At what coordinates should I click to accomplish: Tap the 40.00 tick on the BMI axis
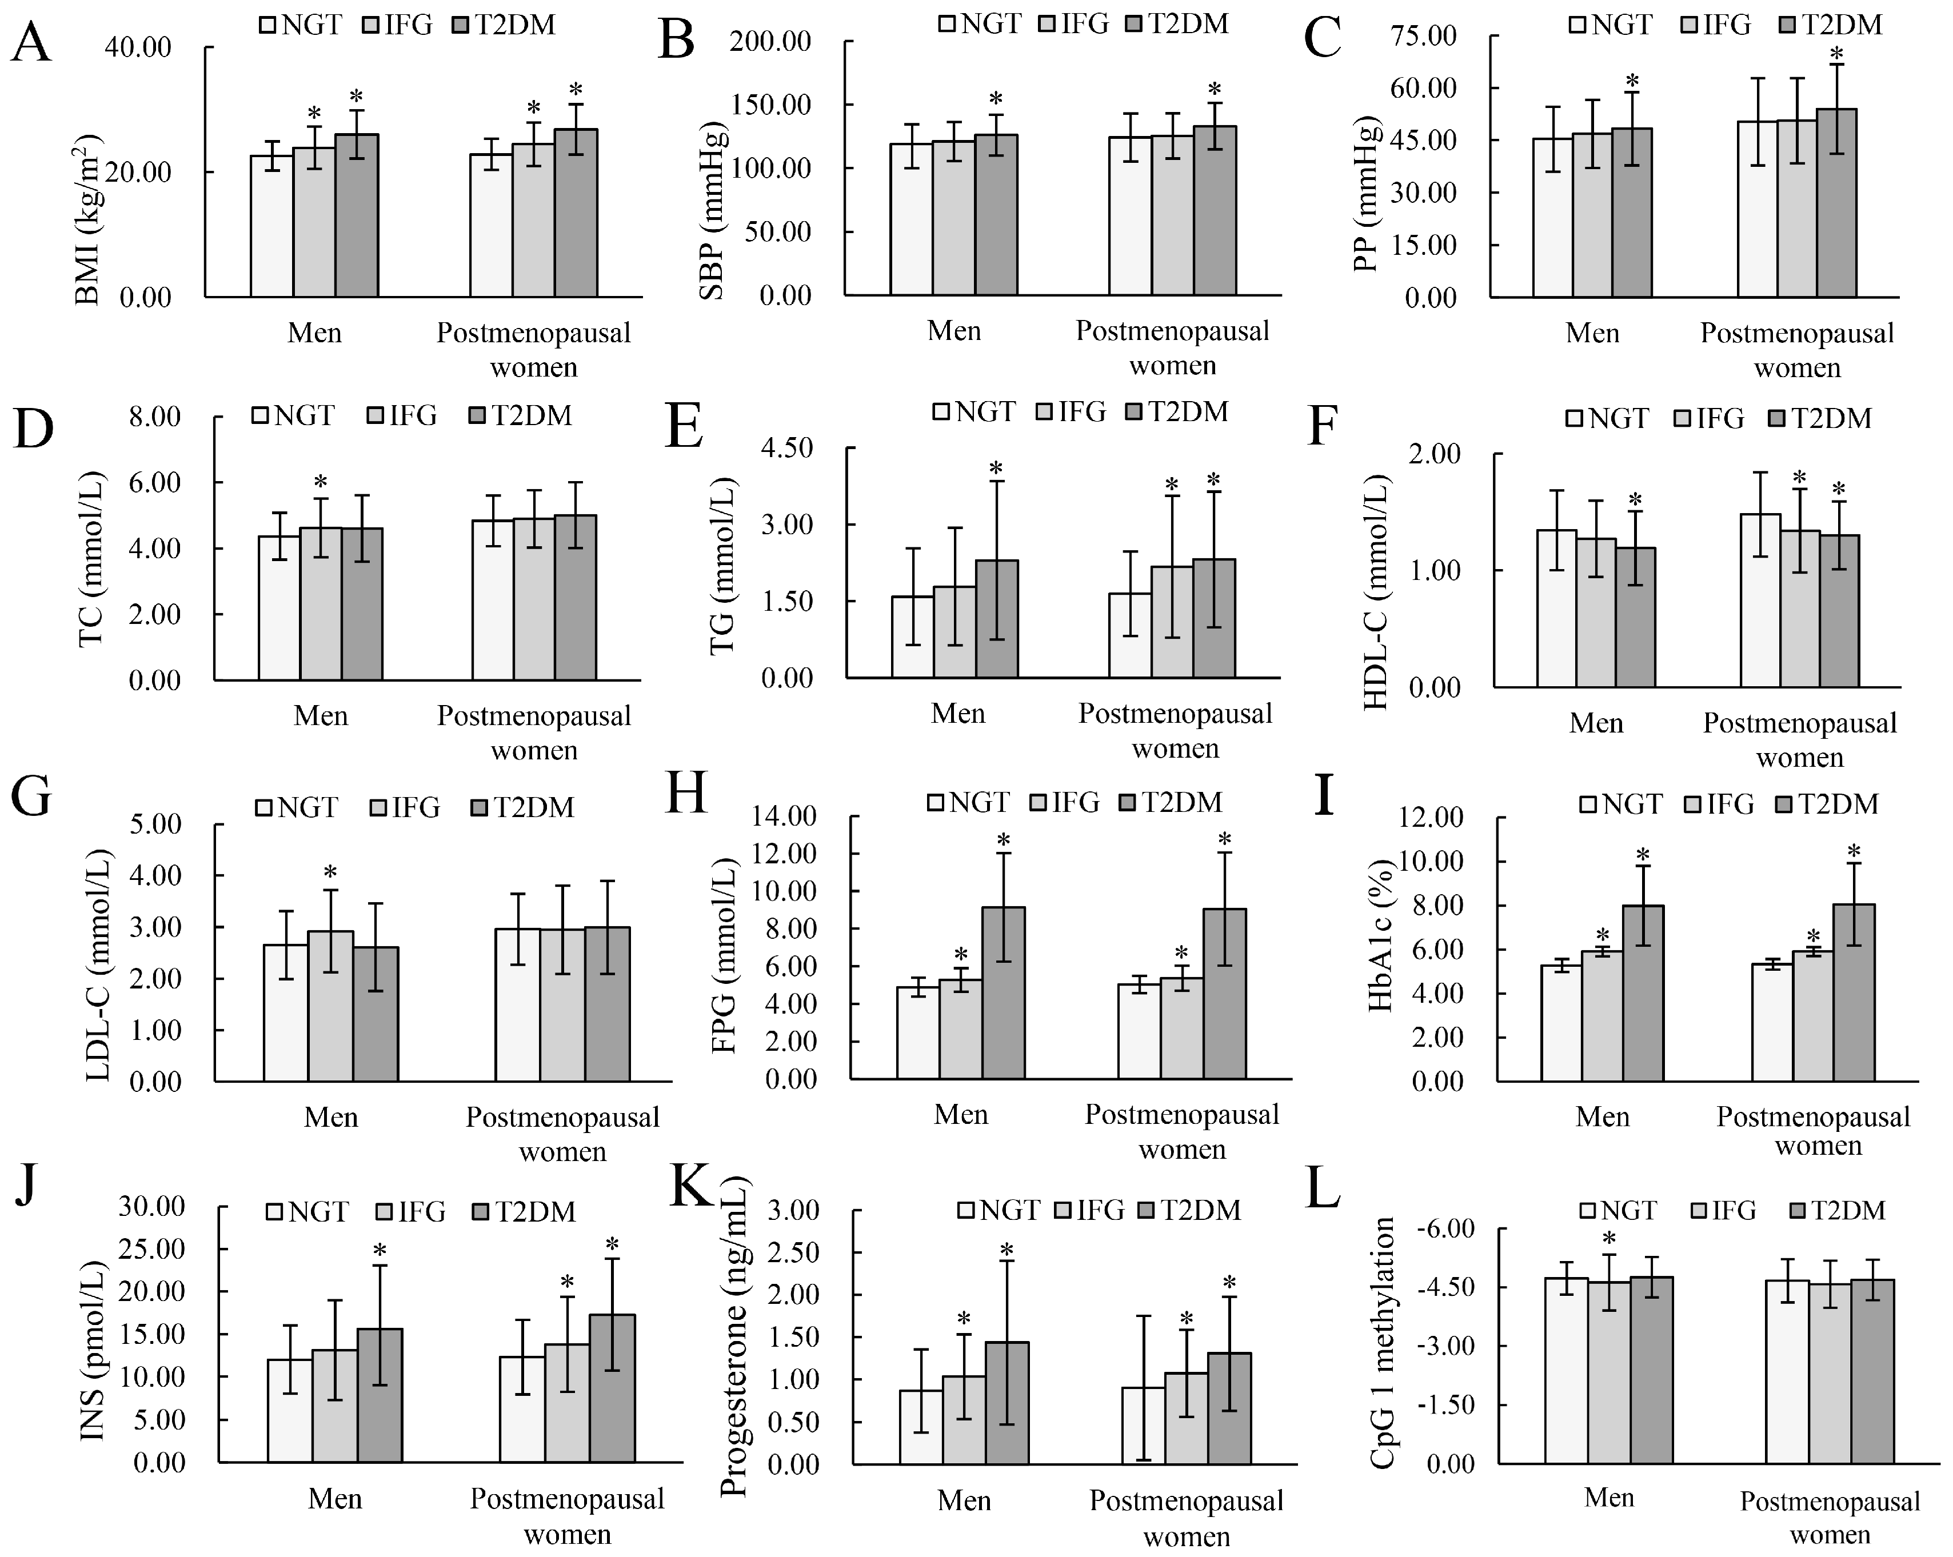coord(138,47)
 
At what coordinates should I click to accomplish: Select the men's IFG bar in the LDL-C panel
coord(330,1006)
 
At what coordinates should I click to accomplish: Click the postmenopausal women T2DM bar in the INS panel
coord(612,1388)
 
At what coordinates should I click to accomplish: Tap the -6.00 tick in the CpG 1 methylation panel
coord(1445,1229)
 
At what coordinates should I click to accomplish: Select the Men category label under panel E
coord(957,714)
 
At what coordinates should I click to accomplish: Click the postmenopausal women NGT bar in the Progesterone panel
coord(1143,1425)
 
